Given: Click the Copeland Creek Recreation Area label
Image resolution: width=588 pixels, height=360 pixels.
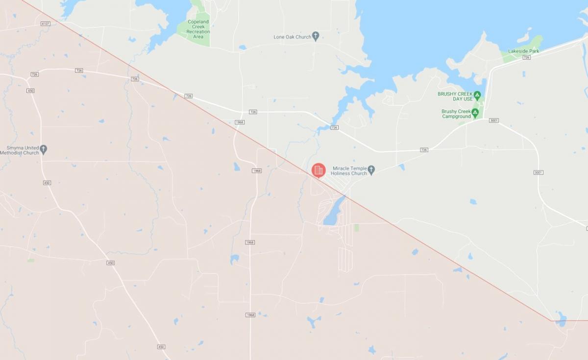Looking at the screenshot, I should [x=198, y=29].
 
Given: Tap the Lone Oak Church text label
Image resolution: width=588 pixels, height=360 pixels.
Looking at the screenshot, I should [x=293, y=37].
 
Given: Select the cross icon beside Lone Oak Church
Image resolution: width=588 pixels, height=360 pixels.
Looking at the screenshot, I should [x=316, y=36].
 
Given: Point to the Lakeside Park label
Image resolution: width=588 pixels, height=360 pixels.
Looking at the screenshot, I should [x=523, y=51].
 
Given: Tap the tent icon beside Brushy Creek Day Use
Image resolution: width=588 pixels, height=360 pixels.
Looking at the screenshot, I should [x=477, y=94].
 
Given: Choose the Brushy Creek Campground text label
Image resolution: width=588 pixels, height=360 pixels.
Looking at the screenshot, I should [x=456, y=114].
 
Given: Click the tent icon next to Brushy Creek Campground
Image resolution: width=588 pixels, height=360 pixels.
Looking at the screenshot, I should [x=475, y=112].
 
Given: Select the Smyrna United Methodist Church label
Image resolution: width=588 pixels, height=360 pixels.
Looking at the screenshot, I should [x=23, y=150].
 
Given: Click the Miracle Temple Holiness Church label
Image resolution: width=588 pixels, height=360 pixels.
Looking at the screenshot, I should [x=349, y=170].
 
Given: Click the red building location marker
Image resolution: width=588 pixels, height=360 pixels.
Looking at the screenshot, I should [x=318, y=170].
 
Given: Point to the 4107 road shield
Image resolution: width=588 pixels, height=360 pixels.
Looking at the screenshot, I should [x=46, y=24].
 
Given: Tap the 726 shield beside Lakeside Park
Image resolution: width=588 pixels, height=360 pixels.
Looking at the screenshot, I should [x=526, y=57].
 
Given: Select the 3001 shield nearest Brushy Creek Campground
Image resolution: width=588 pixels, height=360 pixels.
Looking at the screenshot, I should [x=493, y=120].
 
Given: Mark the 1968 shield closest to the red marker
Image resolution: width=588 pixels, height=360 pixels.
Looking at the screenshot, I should [x=257, y=170].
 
